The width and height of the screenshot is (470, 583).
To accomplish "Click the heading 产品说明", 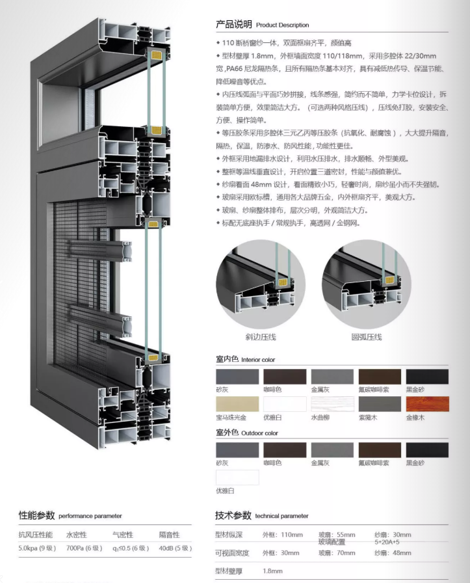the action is point(233,25).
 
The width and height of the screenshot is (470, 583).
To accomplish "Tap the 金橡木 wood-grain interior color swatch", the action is point(427,404).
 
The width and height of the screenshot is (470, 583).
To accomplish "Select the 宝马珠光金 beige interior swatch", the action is point(237,404).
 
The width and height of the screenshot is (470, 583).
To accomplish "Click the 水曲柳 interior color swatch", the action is point(332,404).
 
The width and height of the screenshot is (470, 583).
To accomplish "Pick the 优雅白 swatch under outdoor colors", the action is point(237,478).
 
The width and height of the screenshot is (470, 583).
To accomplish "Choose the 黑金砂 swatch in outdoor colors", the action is point(427,450).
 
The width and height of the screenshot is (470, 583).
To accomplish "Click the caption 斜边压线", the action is point(261,337).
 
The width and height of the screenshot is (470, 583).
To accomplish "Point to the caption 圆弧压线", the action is point(367,337).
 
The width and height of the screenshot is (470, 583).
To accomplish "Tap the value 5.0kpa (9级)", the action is point(37,548).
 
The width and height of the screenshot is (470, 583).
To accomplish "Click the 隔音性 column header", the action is point(170,535).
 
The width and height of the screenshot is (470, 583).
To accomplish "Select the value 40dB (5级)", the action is point(176,548).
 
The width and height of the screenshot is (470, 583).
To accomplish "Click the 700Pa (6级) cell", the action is point(85,548).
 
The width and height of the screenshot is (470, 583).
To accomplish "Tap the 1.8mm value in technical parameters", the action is point(272,571).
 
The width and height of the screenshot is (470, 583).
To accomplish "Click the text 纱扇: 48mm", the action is point(393,553).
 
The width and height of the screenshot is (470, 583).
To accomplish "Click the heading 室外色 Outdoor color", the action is point(247,433).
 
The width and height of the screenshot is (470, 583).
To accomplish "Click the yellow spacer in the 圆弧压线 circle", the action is point(389,280).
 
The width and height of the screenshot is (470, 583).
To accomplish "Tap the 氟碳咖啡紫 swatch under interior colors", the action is point(380,377).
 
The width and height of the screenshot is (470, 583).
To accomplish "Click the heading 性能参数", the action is point(37,515).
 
